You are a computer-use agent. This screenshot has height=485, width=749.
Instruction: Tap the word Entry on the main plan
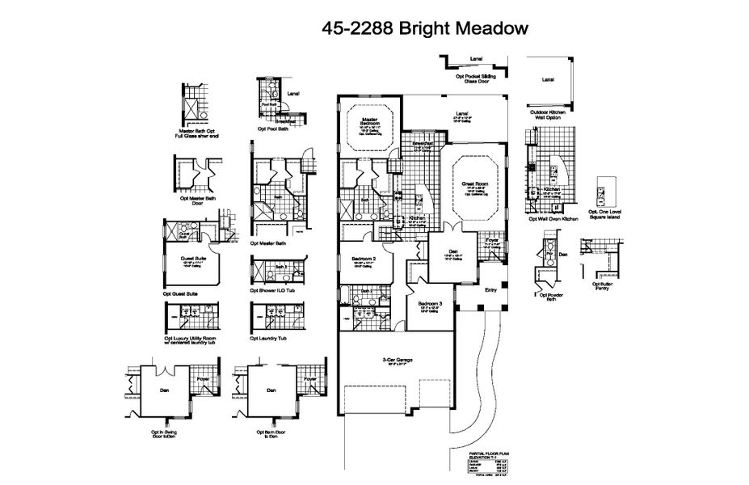coord(490,289)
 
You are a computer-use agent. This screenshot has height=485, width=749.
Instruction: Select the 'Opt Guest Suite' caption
coord(180,294)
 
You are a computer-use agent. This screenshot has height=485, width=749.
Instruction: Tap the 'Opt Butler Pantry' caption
coord(607,285)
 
